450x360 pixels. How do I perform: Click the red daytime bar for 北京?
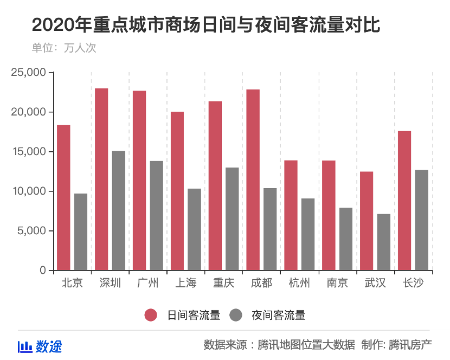click(63, 197)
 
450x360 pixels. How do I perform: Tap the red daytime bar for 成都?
click(253, 179)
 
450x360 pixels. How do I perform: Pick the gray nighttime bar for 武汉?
click(384, 242)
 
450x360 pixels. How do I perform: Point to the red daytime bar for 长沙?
click(404, 201)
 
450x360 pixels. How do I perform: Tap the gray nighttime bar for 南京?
click(346, 239)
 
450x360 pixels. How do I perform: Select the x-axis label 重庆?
click(224, 283)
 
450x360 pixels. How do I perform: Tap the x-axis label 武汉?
click(375, 283)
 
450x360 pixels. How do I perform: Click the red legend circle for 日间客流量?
click(151, 315)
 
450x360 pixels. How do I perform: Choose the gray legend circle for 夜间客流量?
click(236, 315)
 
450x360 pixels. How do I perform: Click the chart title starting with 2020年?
click(205, 25)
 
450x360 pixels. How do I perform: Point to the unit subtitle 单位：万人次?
click(64, 48)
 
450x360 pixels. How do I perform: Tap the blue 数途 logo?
click(40, 346)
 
